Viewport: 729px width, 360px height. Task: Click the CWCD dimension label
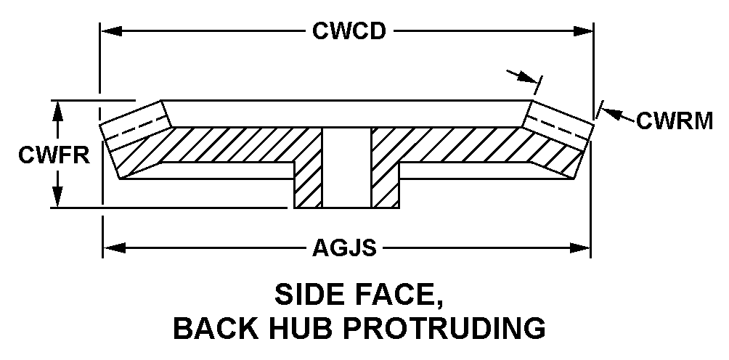349,31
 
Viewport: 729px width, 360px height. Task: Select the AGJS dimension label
344,248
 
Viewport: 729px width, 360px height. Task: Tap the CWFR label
54,155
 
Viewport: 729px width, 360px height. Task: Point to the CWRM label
674,121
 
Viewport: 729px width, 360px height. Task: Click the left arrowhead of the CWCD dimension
112,31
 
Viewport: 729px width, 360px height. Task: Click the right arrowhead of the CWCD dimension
583,31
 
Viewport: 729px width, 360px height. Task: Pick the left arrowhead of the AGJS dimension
114,248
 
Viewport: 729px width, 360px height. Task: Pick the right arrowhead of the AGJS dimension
579,248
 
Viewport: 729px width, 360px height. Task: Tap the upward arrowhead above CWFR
57,112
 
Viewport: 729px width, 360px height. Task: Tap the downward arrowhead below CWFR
57,196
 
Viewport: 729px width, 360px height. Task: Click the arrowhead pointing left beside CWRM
611,113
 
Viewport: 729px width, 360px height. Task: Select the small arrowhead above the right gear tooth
528,77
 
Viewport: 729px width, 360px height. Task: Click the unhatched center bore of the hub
347,168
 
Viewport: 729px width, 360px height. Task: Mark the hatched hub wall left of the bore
309,184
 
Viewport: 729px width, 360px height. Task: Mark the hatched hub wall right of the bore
386,184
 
